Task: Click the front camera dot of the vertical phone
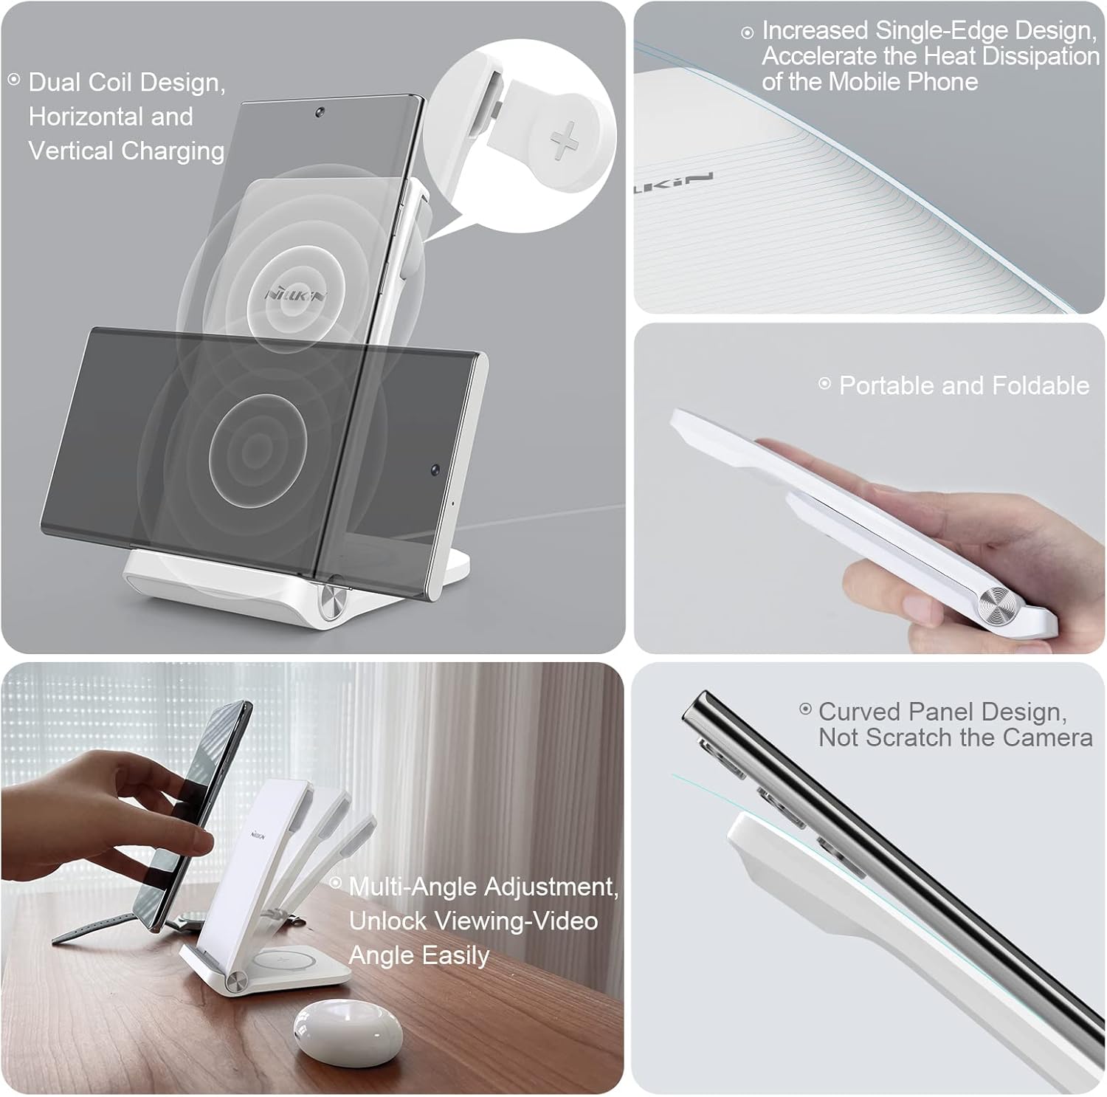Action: coord(319,113)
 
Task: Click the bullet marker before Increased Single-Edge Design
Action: coord(748,32)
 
